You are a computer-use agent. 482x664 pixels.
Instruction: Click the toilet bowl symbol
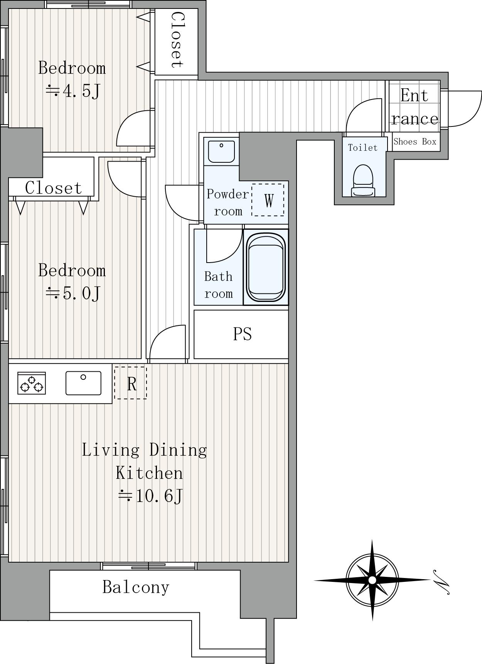(x=363, y=180)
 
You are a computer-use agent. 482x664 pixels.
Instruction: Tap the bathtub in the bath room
(x=266, y=267)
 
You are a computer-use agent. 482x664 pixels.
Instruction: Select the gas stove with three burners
(x=32, y=383)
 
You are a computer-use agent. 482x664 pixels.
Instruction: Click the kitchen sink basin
(x=83, y=383)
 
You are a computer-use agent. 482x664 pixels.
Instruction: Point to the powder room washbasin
(x=221, y=152)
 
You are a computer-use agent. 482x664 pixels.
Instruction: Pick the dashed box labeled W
(x=268, y=200)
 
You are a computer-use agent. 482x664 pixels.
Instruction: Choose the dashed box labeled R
(x=130, y=383)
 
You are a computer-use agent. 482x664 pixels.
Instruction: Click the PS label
(x=243, y=334)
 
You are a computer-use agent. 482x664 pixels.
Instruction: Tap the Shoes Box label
(x=415, y=142)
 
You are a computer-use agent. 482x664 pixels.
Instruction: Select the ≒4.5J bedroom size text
(x=73, y=91)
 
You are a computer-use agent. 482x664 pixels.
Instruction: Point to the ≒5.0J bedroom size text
(x=73, y=293)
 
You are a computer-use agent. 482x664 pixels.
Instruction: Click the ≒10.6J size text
(x=150, y=496)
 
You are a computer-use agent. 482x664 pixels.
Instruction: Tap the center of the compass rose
(x=372, y=580)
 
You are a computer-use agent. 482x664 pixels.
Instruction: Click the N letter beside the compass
(x=441, y=582)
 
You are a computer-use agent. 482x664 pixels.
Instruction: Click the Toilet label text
(x=362, y=148)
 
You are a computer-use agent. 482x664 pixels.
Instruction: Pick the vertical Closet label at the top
(x=176, y=40)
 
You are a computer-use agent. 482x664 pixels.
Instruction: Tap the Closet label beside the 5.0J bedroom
(x=53, y=188)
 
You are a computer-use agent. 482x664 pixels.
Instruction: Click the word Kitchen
(x=149, y=473)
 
